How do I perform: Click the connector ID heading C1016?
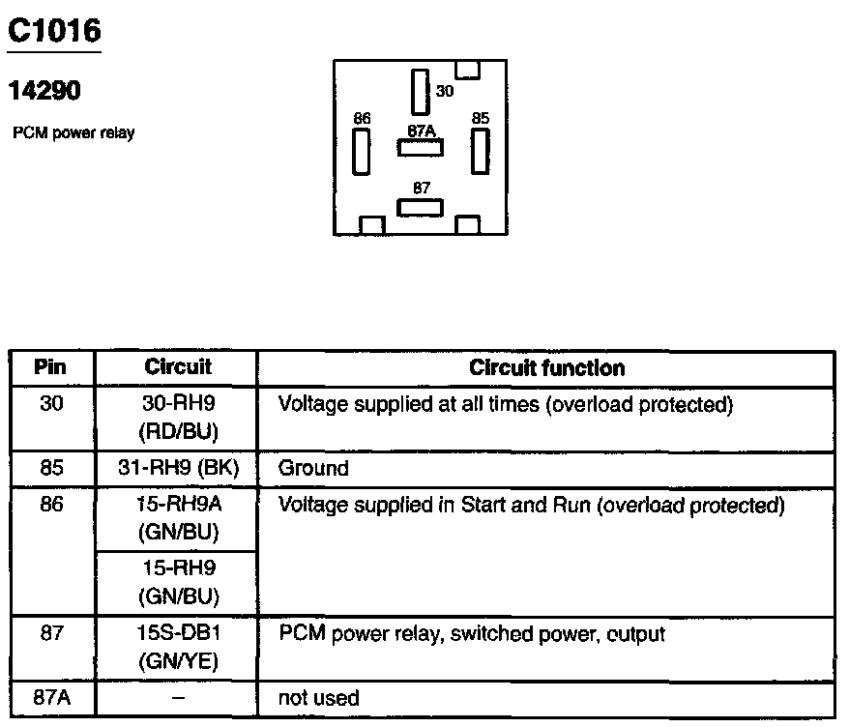[54, 32]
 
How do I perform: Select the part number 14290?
[44, 91]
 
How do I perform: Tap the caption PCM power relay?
[73, 133]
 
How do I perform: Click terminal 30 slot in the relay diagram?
[419, 92]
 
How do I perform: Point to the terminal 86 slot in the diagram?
[362, 151]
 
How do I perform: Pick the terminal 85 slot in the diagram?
[480, 151]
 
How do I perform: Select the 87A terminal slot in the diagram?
[421, 147]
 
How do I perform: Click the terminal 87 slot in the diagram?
[421, 207]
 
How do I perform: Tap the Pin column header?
[51, 368]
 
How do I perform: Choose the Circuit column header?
[177, 368]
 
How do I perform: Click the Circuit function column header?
[546, 368]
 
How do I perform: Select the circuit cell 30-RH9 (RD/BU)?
[177, 417]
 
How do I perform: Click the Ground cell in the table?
[313, 469]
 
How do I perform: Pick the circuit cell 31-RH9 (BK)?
[177, 469]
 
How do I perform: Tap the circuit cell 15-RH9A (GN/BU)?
[177, 518]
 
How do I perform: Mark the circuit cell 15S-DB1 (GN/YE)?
[177, 648]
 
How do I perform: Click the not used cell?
[318, 698]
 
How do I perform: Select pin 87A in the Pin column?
[51, 698]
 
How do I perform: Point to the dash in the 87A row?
[177, 698]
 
